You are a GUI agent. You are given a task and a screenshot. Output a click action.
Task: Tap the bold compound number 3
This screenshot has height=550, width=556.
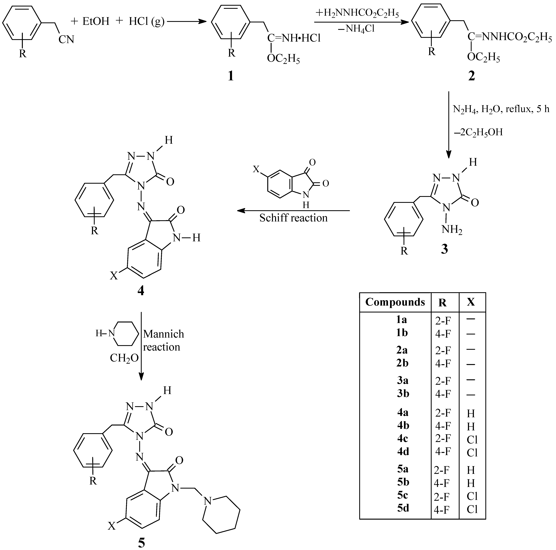click(444, 249)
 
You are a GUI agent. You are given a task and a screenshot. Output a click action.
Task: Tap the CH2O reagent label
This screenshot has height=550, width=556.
click(124, 358)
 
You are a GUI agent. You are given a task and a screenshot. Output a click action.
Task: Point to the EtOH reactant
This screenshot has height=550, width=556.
click(96, 22)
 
